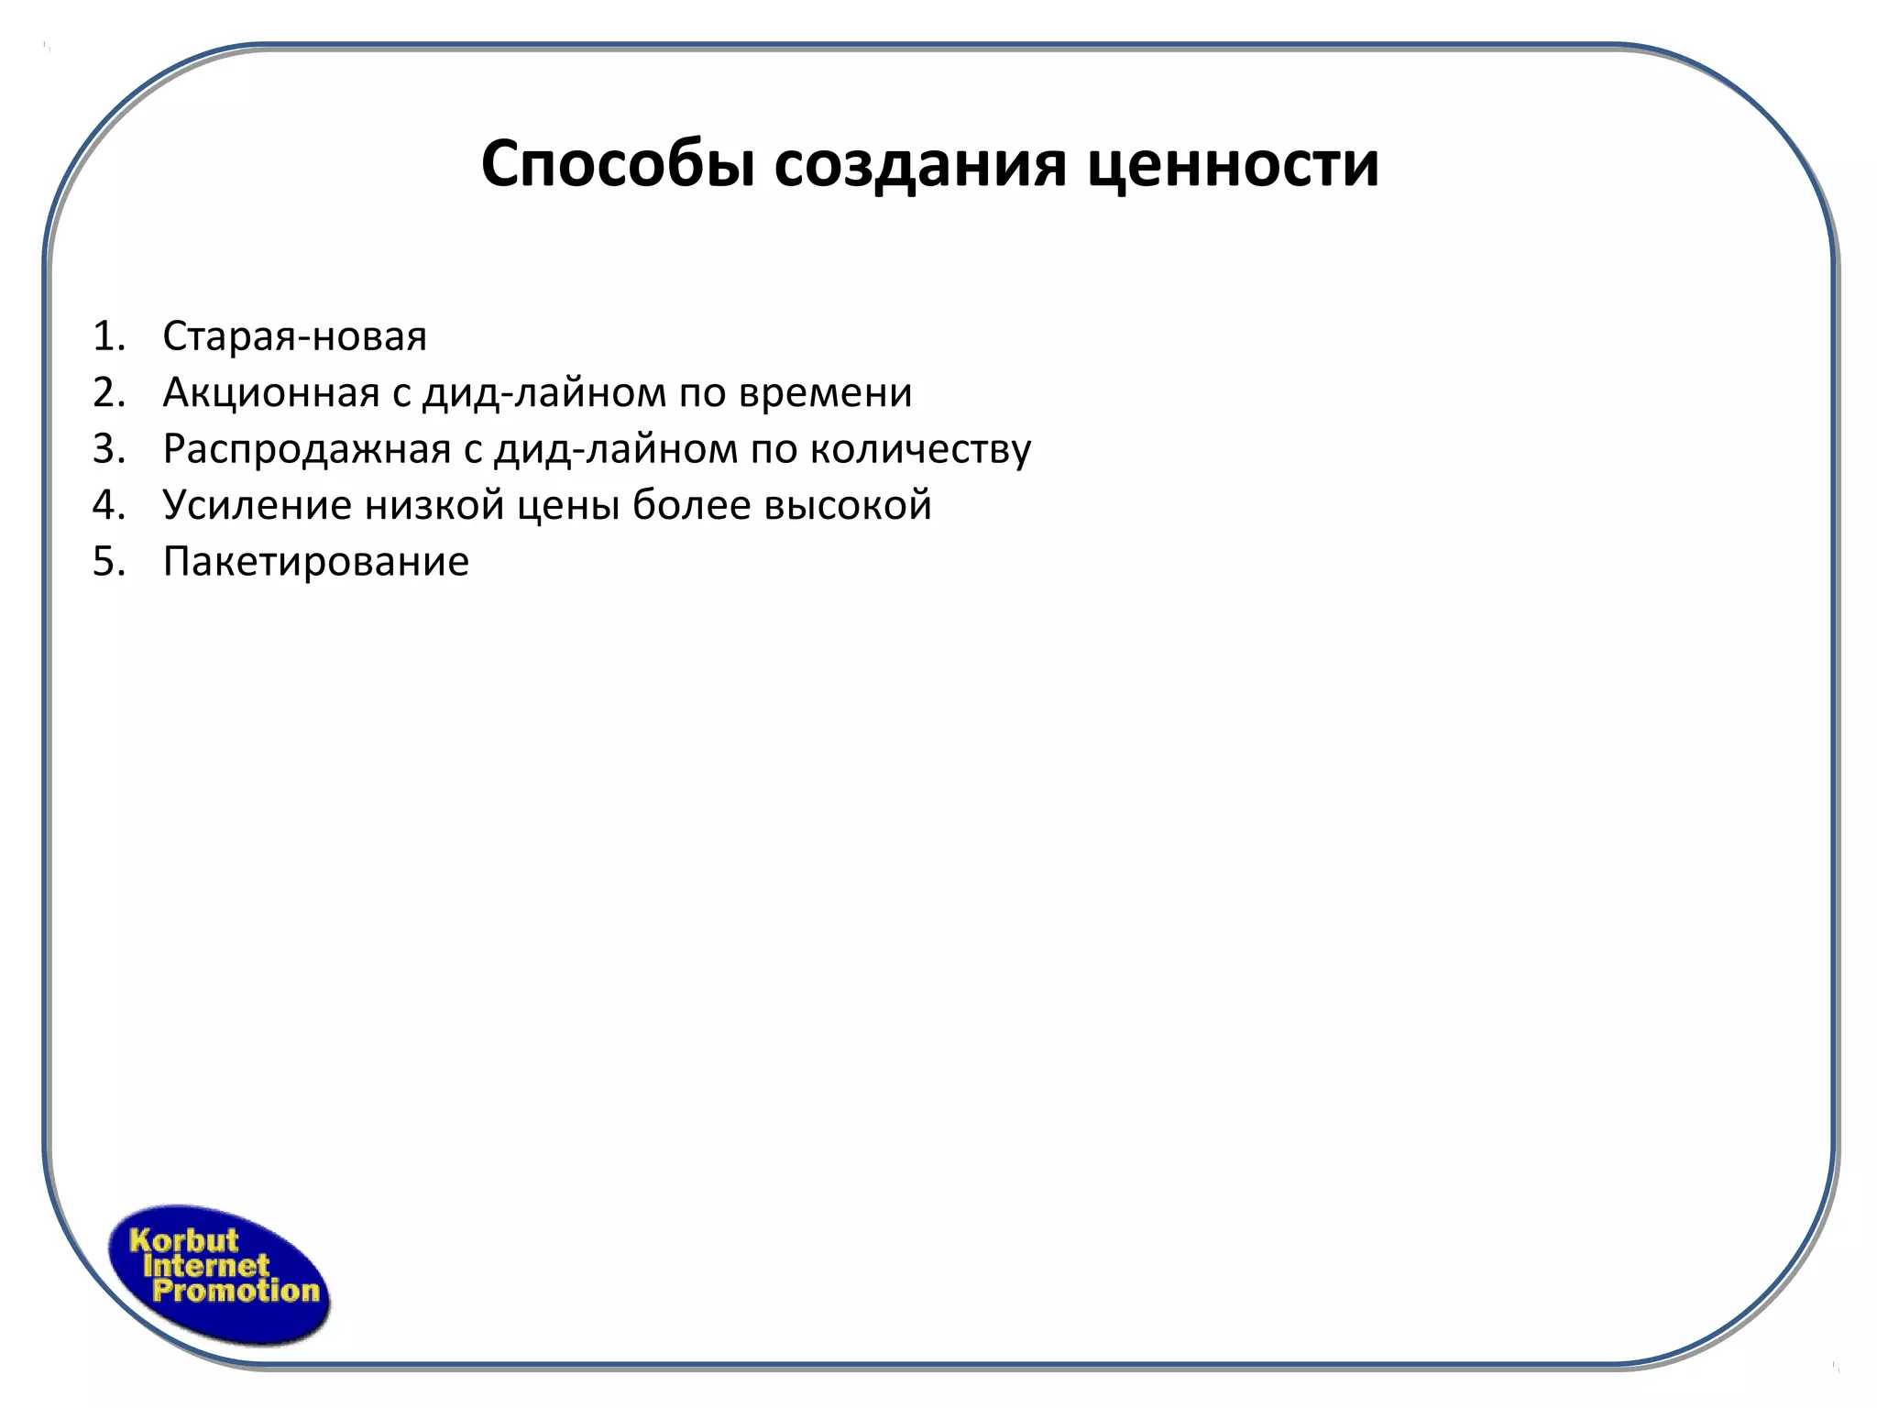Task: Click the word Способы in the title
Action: click(618, 165)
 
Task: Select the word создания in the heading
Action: click(919, 165)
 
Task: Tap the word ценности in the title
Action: click(1233, 165)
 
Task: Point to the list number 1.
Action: click(107, 336)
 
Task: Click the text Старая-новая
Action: click(294, 336)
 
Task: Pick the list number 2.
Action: click(107, 392)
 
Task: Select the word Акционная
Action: click(270, 392)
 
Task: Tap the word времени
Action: click(825, 392)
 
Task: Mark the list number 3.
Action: click(107, 449)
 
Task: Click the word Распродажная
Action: click(307, 449)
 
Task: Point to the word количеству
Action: click(921, 449)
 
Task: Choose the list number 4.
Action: click(107, 505)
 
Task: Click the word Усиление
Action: click(257, 505)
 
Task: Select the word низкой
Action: click(434, 505)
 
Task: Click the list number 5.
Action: click(107, 561)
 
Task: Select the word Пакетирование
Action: click(315, 561)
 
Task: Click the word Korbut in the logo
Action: click(183, 1240)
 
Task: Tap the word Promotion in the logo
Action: click(236, 1292)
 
